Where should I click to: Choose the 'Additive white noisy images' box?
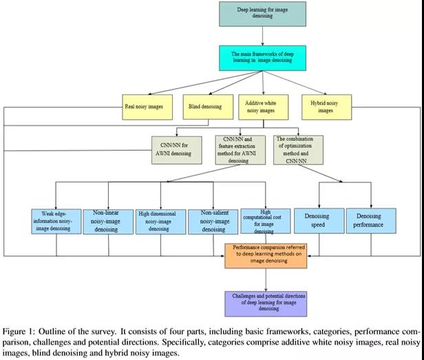(261, 107)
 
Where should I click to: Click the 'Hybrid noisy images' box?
(326, 106)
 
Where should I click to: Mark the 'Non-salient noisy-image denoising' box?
(213, 220)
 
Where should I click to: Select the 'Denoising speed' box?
(316, 220)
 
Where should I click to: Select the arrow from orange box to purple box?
(266, 279)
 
